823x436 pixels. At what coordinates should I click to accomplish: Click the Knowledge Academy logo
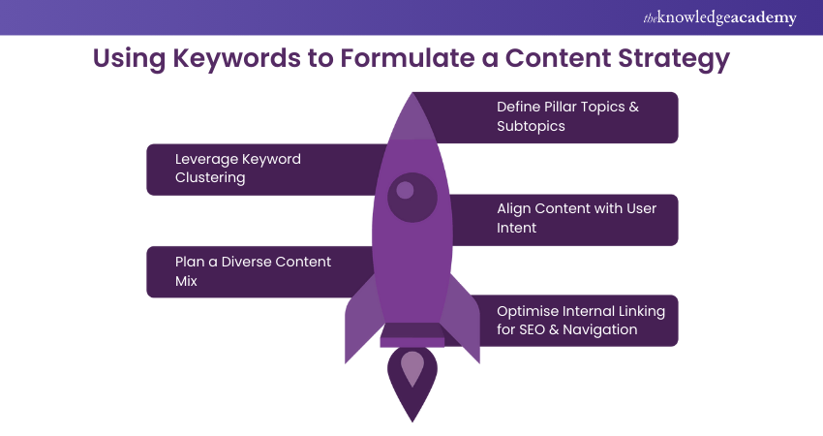point(719,17)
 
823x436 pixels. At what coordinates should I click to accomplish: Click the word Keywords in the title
point(236,58)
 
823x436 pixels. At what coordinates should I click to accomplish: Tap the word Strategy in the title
point(674,59)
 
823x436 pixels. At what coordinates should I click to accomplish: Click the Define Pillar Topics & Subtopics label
point(567,116)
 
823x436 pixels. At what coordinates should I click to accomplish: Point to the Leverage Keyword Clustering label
point(238,168)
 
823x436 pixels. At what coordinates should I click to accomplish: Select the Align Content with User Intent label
point(576,218)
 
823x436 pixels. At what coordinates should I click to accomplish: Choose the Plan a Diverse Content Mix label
point(253,271)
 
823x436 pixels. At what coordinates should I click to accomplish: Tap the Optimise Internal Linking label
point(581,321)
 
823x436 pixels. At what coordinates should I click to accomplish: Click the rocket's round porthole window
point(412,197)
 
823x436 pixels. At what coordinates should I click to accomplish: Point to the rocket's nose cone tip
point(412,94)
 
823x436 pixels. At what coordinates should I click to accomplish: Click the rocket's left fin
point(363,319)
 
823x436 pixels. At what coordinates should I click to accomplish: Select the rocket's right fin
point(460,319)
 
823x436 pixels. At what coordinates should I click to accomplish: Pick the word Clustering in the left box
point(210,177)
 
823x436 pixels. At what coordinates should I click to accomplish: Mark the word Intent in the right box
point(516,228)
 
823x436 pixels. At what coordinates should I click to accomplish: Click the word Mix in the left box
point(186,281)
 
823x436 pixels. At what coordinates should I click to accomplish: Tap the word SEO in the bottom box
point(532,329)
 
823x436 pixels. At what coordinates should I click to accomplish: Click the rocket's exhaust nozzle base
point(412,335)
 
